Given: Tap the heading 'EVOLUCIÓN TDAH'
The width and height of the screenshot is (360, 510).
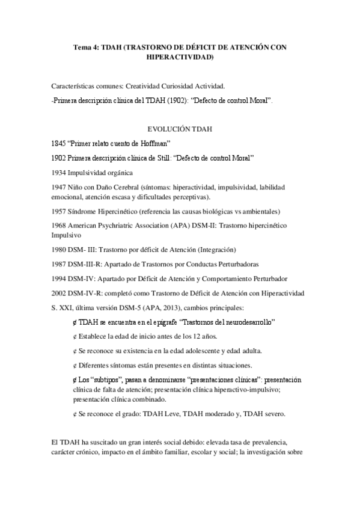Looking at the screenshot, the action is (x=179, y=129).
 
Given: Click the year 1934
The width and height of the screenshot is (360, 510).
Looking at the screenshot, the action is (x=59, y=173).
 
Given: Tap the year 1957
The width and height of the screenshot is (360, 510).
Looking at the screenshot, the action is (x=59, y=211).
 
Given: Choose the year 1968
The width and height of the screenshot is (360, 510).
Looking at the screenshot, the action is (x=59, y=226).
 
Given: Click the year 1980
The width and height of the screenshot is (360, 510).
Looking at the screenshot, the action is (x=59, y=250).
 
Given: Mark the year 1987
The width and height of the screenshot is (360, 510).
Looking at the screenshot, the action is (x=59, y=264).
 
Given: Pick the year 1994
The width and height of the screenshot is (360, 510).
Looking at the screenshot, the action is (x=59, y=278).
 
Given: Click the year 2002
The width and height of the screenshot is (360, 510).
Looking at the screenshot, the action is (x=59, y=293).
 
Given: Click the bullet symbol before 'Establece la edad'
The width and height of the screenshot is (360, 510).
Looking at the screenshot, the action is (x=75, y=336).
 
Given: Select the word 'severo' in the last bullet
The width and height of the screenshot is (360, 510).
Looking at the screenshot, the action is (x=275, y=414).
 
